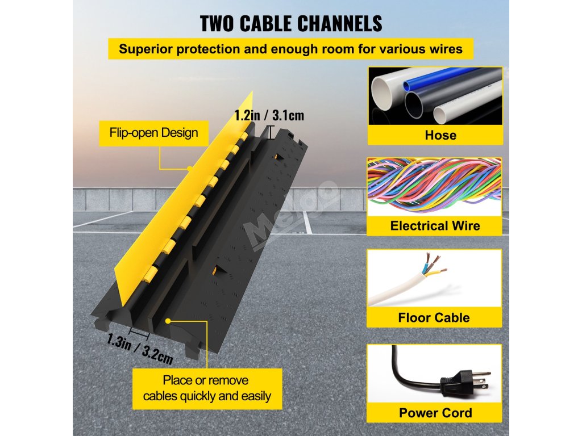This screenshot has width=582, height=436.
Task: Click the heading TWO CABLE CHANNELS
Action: (290, 23)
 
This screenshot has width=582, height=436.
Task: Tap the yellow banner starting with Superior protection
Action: (290, 48)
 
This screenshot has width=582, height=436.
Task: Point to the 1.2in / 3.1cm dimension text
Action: (269, 116)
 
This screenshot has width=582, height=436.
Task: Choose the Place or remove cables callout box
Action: (207, 388)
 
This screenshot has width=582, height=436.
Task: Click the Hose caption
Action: (435, 135)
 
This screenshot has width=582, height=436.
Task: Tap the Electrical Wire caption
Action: (435, 226)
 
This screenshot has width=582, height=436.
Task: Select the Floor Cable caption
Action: (435, 317)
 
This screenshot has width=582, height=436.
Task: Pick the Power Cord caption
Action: (435, 413)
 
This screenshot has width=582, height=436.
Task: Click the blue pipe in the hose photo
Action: (432, 79)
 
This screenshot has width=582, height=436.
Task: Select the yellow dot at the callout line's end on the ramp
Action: (169, 321)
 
